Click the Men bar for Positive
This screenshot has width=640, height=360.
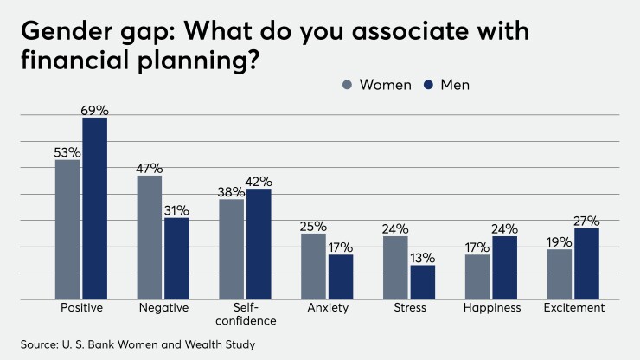(95, 209)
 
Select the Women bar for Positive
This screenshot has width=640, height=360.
(67, 229)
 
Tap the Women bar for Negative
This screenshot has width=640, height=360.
(149, 237)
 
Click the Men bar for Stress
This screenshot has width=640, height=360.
(423, 282)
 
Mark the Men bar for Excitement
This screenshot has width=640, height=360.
(586, 264)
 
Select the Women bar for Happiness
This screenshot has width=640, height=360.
(477, 277)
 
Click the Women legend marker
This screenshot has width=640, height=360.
(349, 85)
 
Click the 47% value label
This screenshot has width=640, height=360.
(149, 169)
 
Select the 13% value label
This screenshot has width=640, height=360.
(423, 258)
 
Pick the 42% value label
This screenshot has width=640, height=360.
(259, 182)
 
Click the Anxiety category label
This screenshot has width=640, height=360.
(327, 308)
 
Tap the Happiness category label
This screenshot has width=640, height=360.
(491, 308)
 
